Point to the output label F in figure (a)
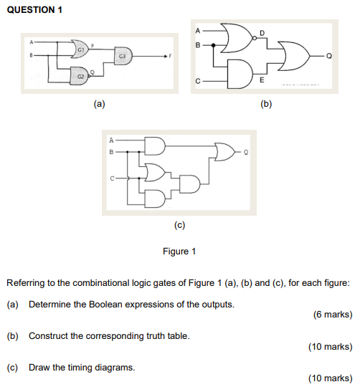pos(173,55)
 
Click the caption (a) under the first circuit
pos(99,104)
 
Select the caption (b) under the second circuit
pos(266,104)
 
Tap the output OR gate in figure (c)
pos(224,152)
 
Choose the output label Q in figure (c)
pos(247,152)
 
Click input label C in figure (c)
pos(111,177)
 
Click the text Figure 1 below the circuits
pos(179,251)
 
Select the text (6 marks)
pos(332,314)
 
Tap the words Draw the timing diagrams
pos(82,367)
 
